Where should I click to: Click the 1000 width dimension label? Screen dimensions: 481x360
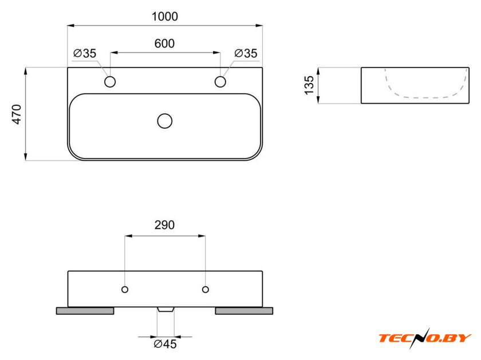[165, 17]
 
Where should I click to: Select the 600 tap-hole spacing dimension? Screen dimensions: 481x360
[164, 43]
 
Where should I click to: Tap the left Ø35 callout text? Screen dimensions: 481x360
[85, 53]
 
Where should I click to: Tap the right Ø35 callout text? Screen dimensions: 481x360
[246, 53]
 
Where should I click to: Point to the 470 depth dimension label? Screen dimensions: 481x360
[17, 114]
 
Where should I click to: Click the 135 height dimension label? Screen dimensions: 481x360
[309, 85]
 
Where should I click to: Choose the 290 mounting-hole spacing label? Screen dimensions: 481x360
[164, 225]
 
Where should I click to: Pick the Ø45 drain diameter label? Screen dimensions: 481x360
[165, 344]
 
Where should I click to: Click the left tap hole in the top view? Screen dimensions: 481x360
[110, 82]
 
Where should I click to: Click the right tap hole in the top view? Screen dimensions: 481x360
[220, 82]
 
